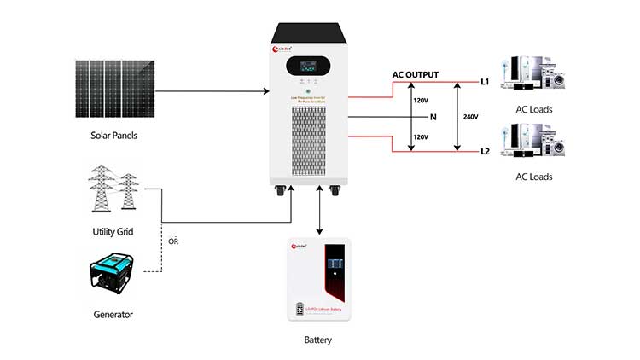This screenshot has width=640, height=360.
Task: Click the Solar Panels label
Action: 113,136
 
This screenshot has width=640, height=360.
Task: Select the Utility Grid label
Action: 113,232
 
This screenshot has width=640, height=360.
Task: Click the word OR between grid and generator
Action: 175,241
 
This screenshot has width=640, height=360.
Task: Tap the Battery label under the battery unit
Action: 317,340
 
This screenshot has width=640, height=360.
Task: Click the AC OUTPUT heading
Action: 415,75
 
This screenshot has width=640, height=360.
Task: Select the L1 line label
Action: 485,83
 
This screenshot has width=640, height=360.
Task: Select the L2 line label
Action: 485,152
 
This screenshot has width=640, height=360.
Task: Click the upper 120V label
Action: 421,101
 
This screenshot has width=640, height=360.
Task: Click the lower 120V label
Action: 421,136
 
